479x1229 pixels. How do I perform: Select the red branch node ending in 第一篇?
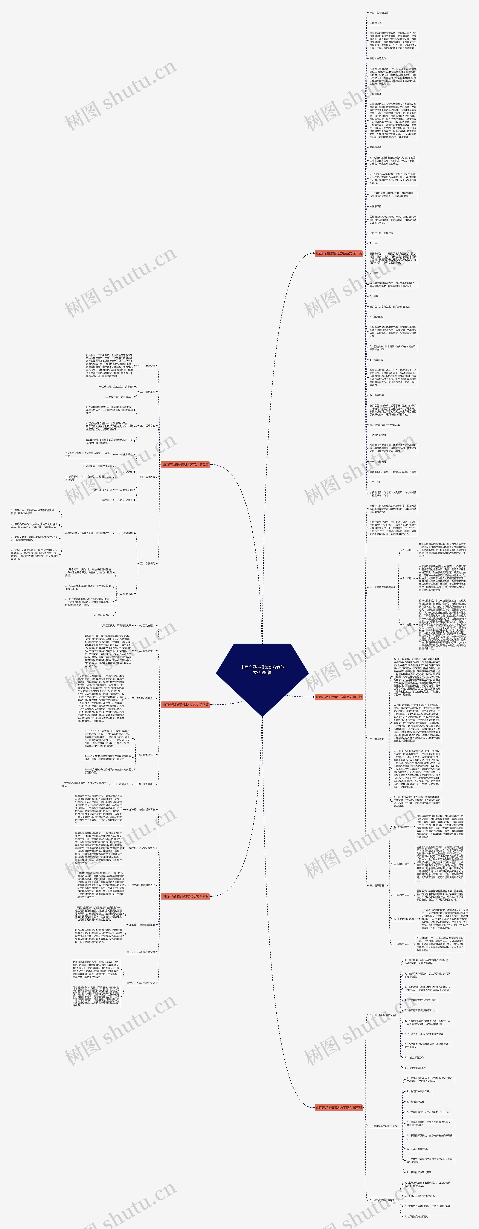[339, 253]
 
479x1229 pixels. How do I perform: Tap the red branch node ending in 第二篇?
[185, 464]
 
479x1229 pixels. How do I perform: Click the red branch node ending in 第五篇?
[339, 1107]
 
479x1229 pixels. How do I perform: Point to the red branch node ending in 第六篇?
[185, 896]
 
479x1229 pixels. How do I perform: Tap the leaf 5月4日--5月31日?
[103, 490]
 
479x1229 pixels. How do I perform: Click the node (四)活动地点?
[126, 500]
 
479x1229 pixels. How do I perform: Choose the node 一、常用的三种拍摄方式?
[382, 587]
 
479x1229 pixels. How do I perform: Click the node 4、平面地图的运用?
[404, 918]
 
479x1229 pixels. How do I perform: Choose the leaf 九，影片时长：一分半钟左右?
[385, 425]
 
